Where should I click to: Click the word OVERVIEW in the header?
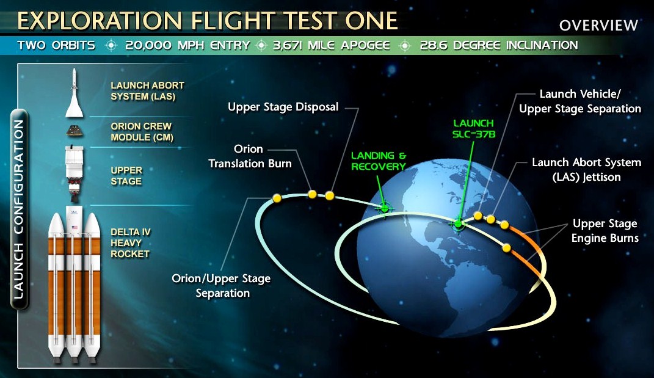(x=598, y=26)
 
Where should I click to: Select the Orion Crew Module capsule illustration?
(x=74, y=131)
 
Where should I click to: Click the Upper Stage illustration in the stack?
(x=74, y=171)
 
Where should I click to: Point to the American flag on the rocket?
(x=74, y=227)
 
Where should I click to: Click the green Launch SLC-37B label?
(x=474, y=128)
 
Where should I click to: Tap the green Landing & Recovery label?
(x=379, y=161)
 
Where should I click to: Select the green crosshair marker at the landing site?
(x=385, y=208)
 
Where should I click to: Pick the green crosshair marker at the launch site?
(x=459, y=224)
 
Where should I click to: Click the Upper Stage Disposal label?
(x=283, y=107)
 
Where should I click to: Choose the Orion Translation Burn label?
(x=250, y=156)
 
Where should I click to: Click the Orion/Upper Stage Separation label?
(x=221, y=286)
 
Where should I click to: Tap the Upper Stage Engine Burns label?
(x=605, y=231)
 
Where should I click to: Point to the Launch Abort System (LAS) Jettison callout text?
(x=586, y=169)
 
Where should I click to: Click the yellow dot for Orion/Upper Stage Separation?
(x=277, y=198)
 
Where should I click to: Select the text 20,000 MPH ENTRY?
(x=187, y=45)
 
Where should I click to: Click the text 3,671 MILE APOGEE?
(x=332, y=45)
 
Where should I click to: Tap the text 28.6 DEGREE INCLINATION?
(x=499, y=45)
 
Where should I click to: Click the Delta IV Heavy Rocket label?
(x=130, y=243)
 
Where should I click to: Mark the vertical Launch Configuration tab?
(x=19, y=209)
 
